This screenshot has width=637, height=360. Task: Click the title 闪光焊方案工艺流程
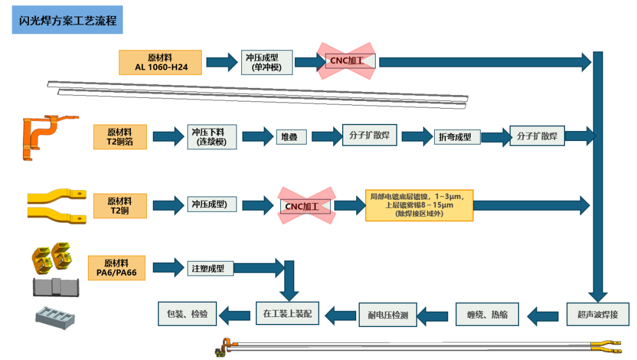(x=67, y=21)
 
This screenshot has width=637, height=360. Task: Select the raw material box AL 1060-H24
(x=160, y=63)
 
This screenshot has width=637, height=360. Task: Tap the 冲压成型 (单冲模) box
(x=267, y=63)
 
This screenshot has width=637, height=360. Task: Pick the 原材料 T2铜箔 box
(x=120, y=137)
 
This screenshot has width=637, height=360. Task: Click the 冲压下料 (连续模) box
(x=212, y=136)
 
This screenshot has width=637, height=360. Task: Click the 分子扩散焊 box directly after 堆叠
(x=369, y=135)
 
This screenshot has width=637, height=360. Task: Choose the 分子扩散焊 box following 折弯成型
(x=537, y=136)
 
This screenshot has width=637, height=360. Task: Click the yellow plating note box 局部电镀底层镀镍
(x=419, y=205)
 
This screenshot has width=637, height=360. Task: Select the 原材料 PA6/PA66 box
(x=116, y=267)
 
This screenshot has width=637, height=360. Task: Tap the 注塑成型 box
(x=210, y=268)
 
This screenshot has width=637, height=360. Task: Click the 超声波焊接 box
(x=597, y=314)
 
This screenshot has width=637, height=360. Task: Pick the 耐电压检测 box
(x=388, y=315)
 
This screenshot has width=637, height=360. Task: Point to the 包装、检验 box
(x=187, y=314)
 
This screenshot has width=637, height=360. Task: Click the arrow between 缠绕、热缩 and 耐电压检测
(x=436, y=315)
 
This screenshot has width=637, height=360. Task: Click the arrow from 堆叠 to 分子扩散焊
(x=326, y=137)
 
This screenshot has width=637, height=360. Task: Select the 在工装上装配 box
(x=287, y=314)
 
